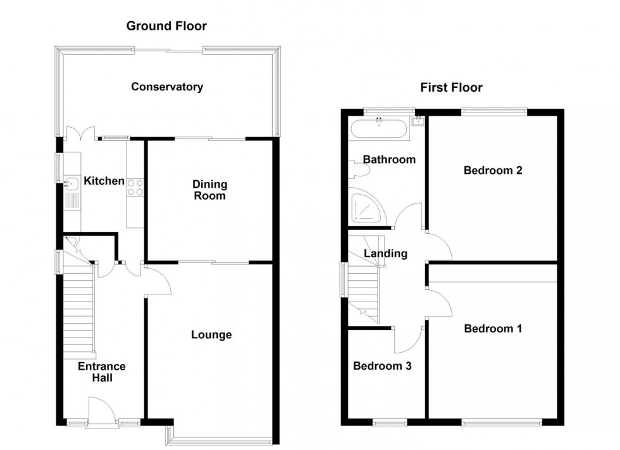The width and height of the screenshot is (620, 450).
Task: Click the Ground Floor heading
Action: tap(166, 26)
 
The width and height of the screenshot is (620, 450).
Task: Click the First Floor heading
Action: tap(451, 88)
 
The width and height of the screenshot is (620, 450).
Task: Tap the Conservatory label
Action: tap(167, 87)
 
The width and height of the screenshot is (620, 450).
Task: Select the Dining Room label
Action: tap(209, 190)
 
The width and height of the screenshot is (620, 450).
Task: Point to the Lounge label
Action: tap(211, 334)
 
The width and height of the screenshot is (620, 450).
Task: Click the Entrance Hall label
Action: tap(102, 372)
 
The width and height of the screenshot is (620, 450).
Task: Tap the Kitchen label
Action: tap(104, 181)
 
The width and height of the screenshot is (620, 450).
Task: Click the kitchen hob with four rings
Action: tap(135, 186)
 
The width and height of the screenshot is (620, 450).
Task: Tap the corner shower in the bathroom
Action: tap(366, 209)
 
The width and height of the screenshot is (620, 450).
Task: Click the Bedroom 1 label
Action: tap(493, 329)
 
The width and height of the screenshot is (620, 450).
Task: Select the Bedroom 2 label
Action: tap(493, 169)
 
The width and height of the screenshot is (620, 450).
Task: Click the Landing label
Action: tap(385, 253)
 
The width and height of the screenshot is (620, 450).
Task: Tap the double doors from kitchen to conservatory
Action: tap(80, 134)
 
